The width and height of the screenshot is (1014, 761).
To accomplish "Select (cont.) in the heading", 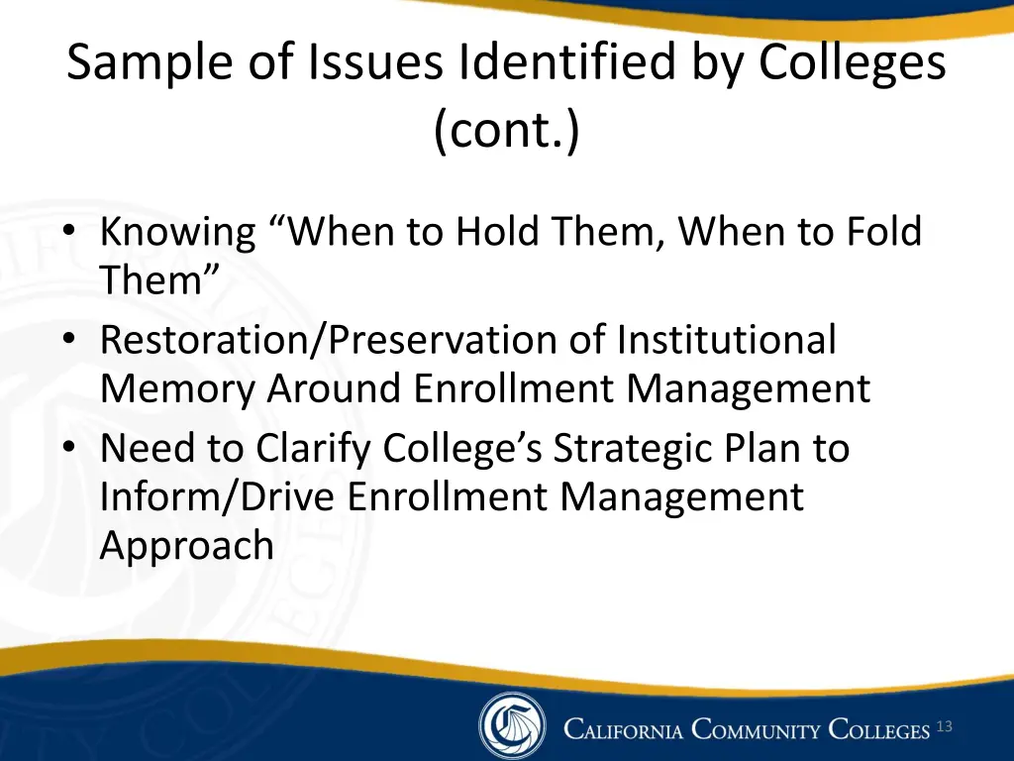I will pyautogui.click(x=507, y=131).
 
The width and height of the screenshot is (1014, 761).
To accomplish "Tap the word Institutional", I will pyautogui.click(x=726, y=340).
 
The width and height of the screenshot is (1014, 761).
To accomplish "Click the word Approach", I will pyautogui.click(x=186, y=546).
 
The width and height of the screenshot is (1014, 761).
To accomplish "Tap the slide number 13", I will pyautogui.click(x=944, y=727).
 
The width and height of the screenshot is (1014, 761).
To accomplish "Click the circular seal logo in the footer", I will pyautogui.click(x=512, y=726).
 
